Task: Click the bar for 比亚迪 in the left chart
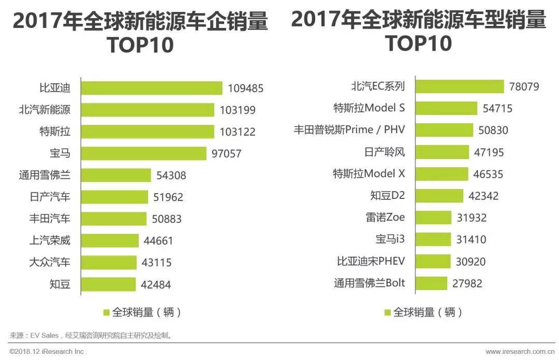152,88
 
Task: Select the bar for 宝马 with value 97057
143,153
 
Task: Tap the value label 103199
238,110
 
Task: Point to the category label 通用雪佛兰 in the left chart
45,175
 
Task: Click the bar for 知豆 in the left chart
108,284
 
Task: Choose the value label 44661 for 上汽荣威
157,241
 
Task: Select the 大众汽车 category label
50,262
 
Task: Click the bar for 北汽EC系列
459,87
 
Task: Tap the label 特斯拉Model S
369,108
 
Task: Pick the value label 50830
493,130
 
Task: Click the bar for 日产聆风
442,152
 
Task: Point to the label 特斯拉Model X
369,174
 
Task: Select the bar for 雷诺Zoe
433,218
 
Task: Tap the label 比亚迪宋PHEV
371,262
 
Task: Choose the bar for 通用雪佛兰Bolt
431,283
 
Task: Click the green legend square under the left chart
107,313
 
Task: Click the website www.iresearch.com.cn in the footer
520,352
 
